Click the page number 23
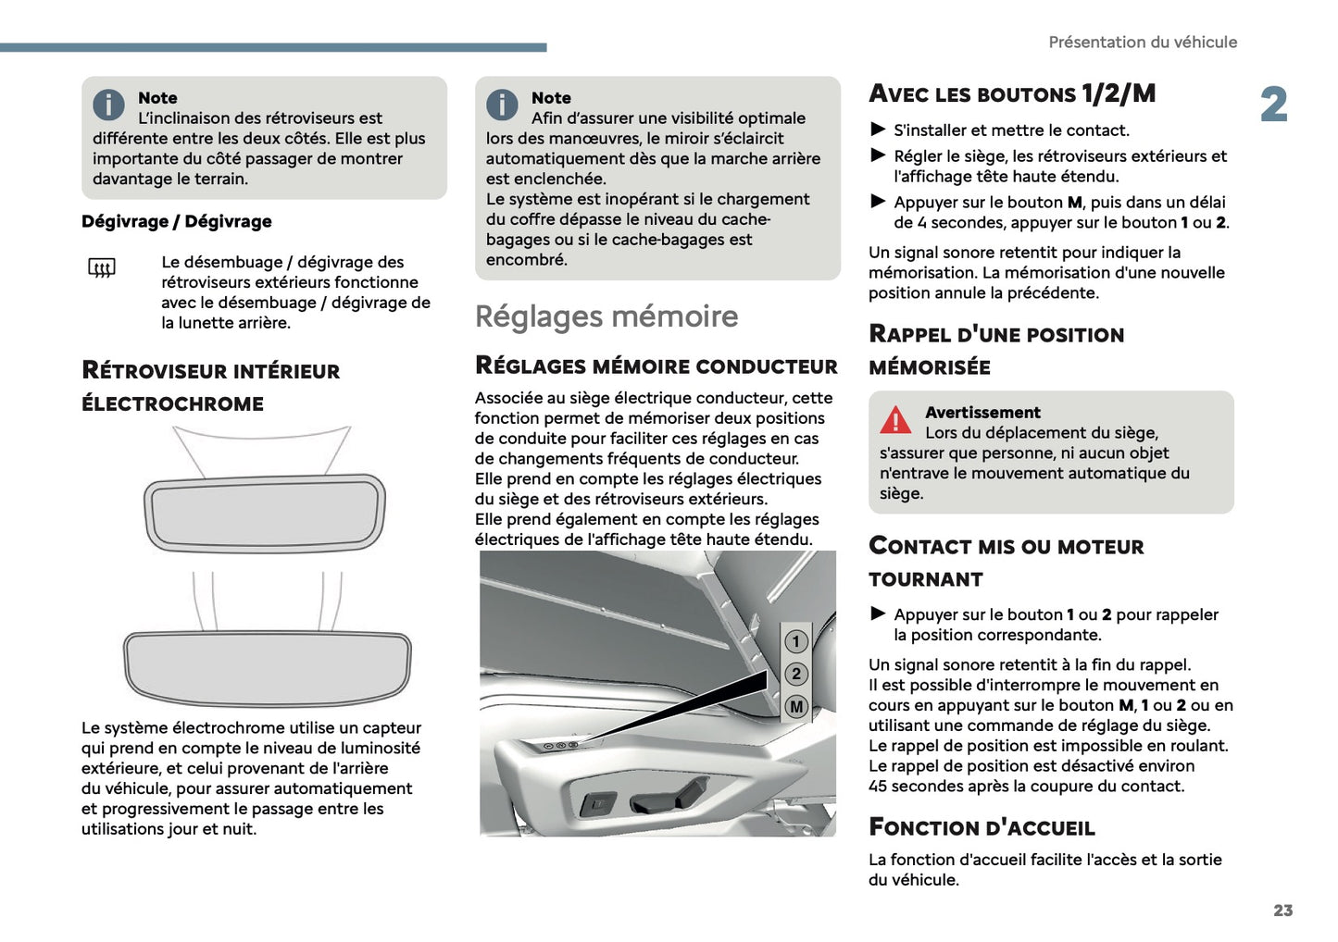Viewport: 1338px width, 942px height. [1282, 911]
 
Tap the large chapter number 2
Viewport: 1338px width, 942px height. [1273, 105]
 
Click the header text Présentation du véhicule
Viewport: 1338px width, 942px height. [1142, 43]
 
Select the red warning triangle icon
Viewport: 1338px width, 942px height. [894, 420]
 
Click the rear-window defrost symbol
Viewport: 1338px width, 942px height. [102, 268]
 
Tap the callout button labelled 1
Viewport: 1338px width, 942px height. [795, 641]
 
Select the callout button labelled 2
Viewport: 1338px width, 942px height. [795, 674]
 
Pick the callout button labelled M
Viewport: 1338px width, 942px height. [795, 707]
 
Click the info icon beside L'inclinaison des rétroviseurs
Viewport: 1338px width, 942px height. [108, 105]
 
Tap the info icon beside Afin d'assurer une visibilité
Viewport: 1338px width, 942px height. [502, 105]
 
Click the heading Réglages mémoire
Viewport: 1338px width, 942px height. [606, 316]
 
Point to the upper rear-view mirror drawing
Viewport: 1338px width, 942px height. [264, 514]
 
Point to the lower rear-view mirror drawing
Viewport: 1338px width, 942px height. [267, 667]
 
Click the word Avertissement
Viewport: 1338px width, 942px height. [982, 413]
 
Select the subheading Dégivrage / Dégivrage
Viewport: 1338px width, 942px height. [177, 221]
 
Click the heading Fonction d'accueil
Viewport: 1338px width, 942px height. [982, 827]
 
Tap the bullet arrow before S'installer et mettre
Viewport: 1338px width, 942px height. [878, 130]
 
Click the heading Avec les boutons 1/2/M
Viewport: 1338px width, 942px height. [1012, 94]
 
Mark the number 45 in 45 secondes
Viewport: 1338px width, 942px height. [878, 787]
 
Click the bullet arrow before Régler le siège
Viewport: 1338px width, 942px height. [878, 155]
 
